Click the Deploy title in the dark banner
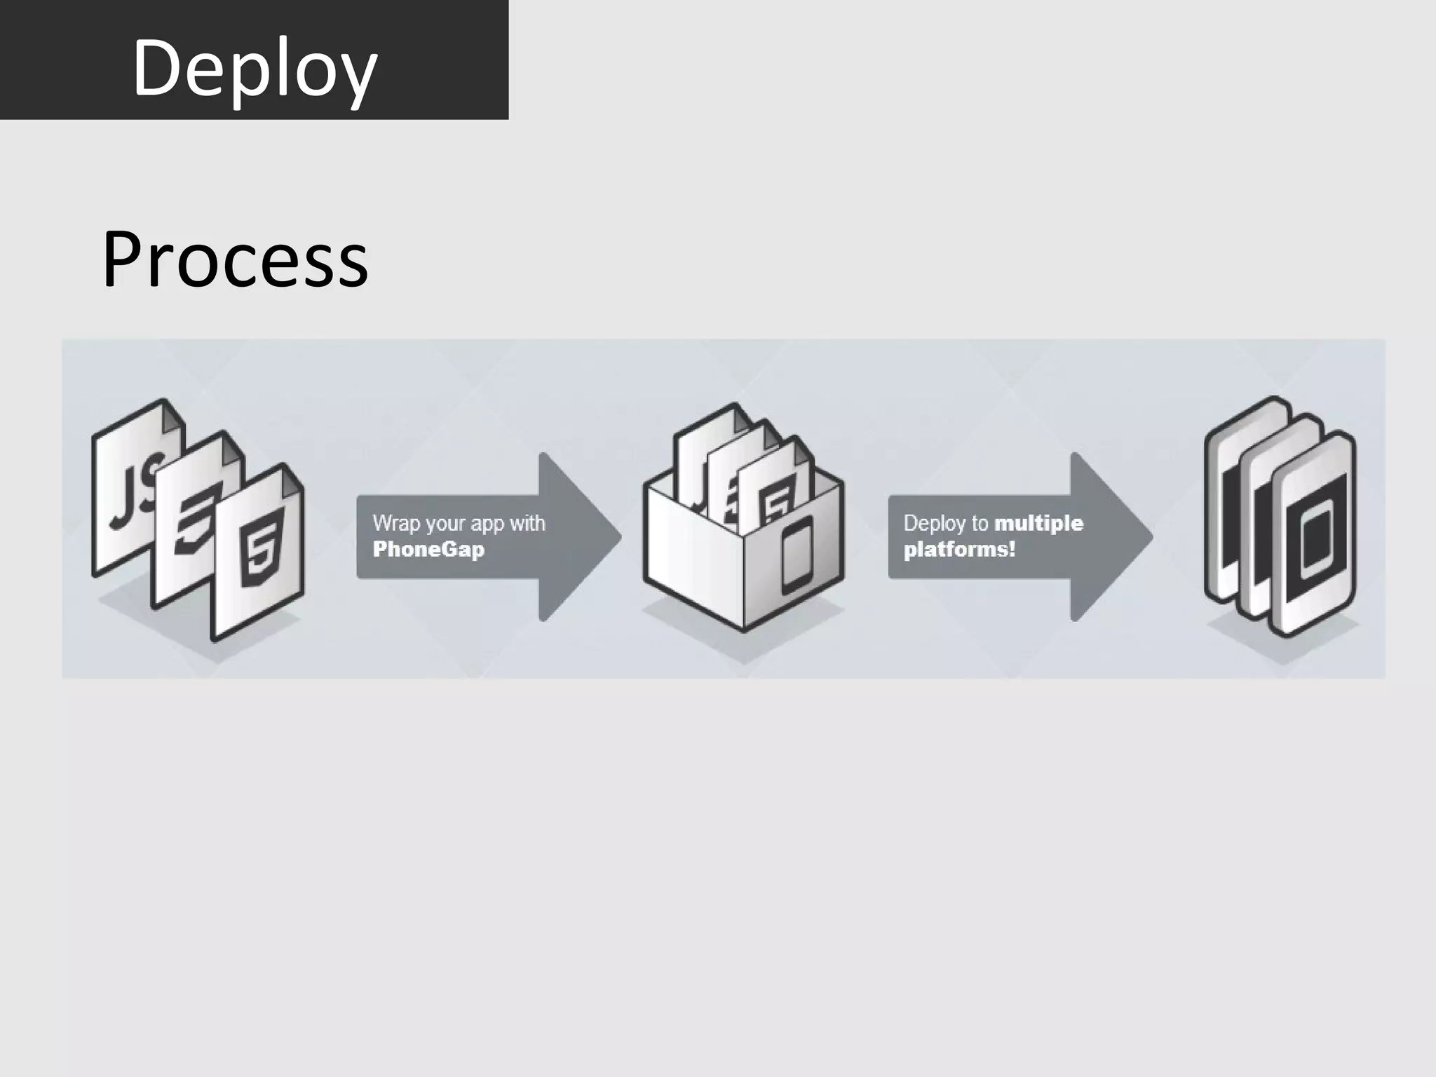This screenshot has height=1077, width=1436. coord(255,68)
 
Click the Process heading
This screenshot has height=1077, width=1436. coord(234,259)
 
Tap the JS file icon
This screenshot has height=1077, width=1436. coord(133,491)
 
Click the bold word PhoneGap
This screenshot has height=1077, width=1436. coord(428,549)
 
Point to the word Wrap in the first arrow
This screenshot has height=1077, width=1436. coord(393,523)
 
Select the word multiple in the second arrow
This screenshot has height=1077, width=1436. coord(1039,523)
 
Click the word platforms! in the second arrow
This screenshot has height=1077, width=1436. coord(959,549)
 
